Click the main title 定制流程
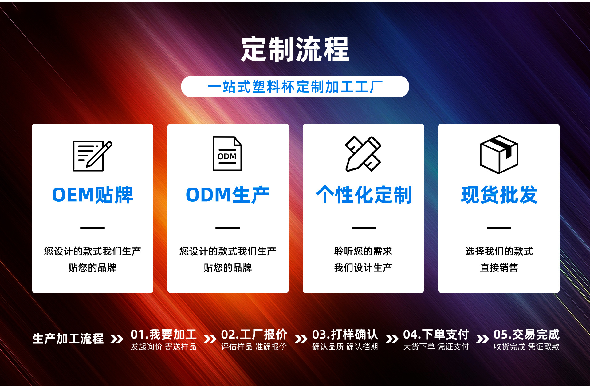tap(295, 49)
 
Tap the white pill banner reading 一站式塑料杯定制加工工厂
tap(295, 87)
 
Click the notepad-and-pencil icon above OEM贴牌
tap(92, 156)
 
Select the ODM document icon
tap(227, 153)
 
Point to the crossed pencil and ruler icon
tap(363, 153)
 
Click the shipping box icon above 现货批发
tap(499, 154)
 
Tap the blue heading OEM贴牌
tap(92, 195)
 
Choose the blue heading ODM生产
tap(228, 195)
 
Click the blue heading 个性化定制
tap(364, 195)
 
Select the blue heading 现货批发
tap(499, 195)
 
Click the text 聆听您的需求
tap(363, 251)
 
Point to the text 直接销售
tap(499, 268)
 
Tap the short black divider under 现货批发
tap(499, 228)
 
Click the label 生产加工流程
tap(68, 339)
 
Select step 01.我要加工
tap(163, 335)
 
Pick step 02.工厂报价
tap(254, 335)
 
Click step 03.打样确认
tap(345, 335)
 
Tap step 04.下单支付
tap(436, 335)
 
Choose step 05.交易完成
tap(526, 335)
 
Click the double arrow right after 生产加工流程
tap(117, 339)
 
